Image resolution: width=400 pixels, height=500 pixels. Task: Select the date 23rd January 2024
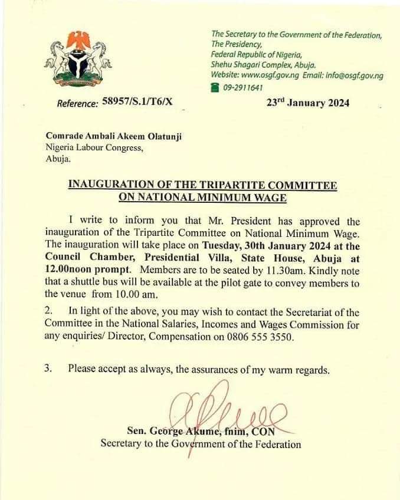coord(307,103)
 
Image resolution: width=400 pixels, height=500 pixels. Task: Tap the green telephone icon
coord(215,87)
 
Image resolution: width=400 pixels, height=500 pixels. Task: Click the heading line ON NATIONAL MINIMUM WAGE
coord(202,198)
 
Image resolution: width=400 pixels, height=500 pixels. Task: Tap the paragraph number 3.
coord(49,369)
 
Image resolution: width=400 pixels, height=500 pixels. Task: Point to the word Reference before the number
coord(77,104)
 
